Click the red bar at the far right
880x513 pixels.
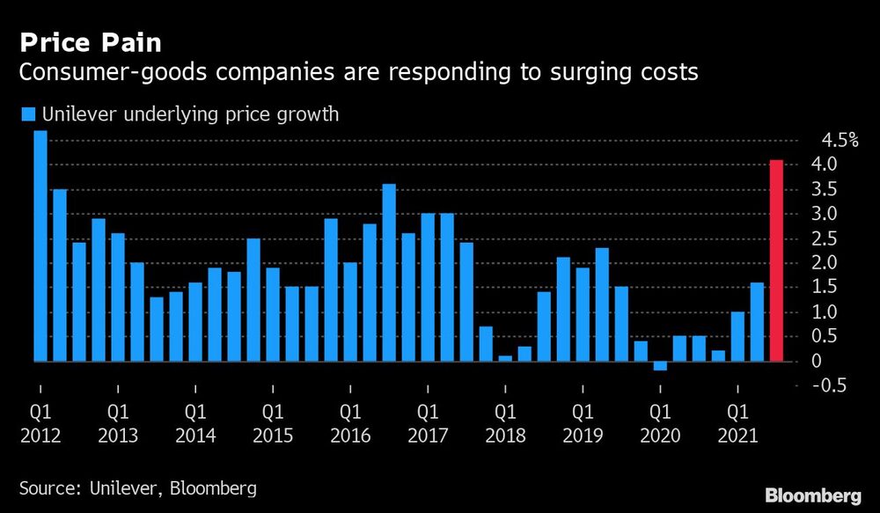click(x=776, y=260)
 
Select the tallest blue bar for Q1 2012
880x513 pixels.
click(x=40, y=246)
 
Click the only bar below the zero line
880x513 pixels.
click(x=660, y=366)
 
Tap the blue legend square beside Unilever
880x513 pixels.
click(x=27, y=114)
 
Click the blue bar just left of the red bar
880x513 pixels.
click(x=757, y=321)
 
